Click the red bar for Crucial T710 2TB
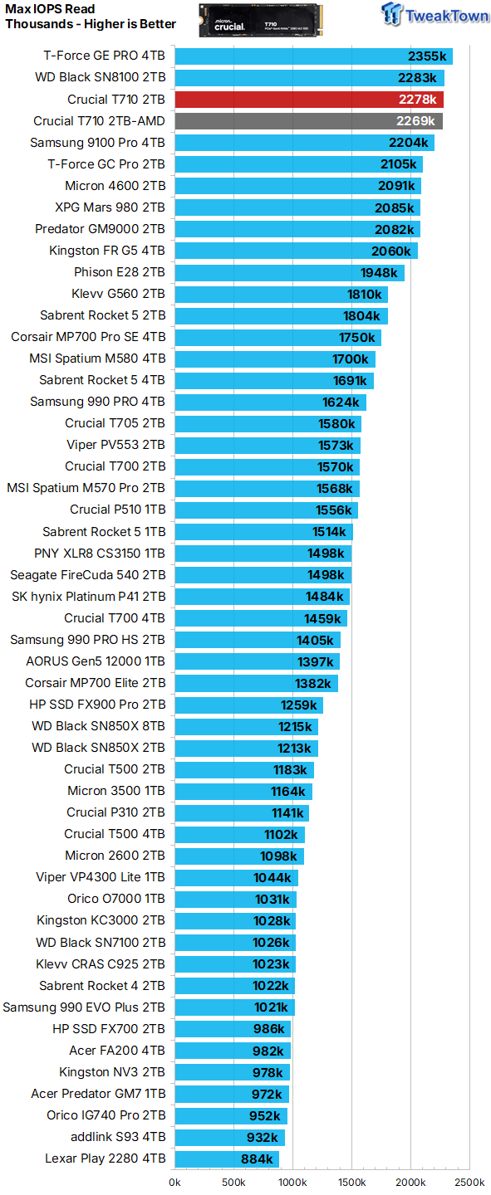pos(308,100)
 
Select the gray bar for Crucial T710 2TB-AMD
pos(308,121)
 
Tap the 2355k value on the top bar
pos(429,56)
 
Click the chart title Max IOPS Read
pos(51,10)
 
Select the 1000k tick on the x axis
pos(292,1182)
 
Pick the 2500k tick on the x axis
pos(469,1182)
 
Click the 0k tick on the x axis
pos(175,1182)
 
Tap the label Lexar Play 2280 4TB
pos(105,1158)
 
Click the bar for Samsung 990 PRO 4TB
pos(270,402)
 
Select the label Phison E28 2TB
pos(120,272)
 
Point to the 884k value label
pos(257,1158)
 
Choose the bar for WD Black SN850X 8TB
pos(246,726)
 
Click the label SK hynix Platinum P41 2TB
pos(88,597)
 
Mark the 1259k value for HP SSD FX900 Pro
pos(298,705)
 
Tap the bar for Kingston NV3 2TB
pos(232,1072)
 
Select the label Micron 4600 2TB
pos(115,186)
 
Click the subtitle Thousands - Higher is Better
pos(91,24)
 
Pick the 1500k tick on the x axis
pos(351,1182)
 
